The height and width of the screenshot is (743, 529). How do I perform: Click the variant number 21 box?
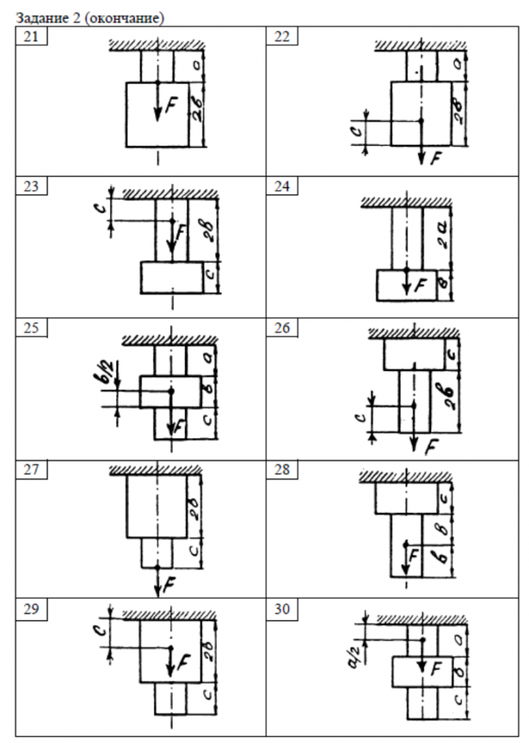point(32,37)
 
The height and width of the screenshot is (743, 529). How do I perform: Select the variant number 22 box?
point(283,37)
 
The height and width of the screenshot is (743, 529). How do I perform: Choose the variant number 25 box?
point(32,328)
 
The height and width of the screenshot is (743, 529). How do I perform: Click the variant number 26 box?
point(283,328)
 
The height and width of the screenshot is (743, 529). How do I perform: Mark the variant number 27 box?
point(32,470)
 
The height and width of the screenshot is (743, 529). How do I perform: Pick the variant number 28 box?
point(283,470)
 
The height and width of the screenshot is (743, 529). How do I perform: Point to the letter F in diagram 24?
point(421,284)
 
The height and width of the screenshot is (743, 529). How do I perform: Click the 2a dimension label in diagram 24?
point(443,234)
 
